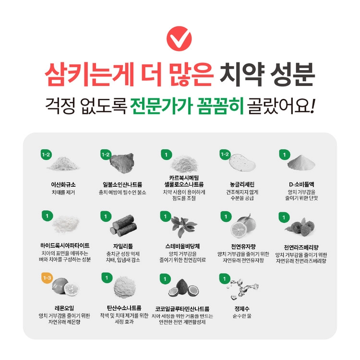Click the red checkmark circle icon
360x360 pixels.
pos(179,38)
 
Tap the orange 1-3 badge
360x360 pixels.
pos(47,278)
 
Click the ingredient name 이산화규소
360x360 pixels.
pos(63,185)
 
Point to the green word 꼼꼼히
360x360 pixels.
pos(220,106)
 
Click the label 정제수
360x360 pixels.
pos(242,309)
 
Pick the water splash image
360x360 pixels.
pos(242,289)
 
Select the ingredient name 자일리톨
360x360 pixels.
pos(123,246)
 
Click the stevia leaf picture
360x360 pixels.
pos(184,226)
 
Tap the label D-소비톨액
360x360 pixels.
pos(301,185)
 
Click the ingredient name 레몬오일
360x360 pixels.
pos(64,308)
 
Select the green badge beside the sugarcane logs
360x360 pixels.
pos(106,216)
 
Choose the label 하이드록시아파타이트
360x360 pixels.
pos(65,246)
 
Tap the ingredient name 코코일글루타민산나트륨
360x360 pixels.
pos(182,309)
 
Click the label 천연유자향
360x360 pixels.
pos(243,247)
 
